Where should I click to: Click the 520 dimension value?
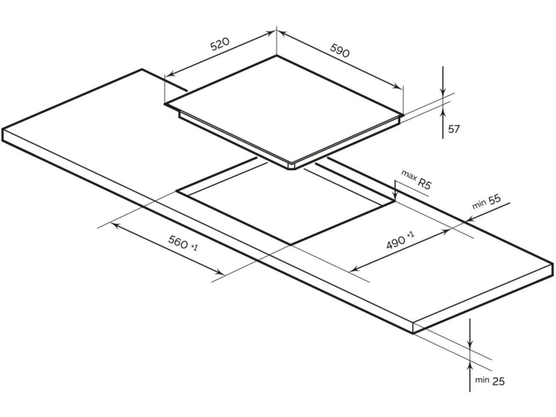tap(220, 43)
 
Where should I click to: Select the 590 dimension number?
tap(340, 50)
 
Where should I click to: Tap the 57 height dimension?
tap(454, 129)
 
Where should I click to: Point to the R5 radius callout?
tap(424, 183)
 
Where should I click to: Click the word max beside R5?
tap(409, 176)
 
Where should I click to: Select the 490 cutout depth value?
tap(395, 242)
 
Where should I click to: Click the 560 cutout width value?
tap(178, 242)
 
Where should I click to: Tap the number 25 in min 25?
tap(498, 381)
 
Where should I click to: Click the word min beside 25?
tap(482, 380)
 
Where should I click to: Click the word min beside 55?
tap(479, 204)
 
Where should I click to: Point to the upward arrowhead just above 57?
tap(443, 112)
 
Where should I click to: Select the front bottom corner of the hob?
tap(291, 169)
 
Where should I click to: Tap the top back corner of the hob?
tap(277, 56)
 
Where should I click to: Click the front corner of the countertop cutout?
tap(291, 245)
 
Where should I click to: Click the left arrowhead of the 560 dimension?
tap(116, 225)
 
